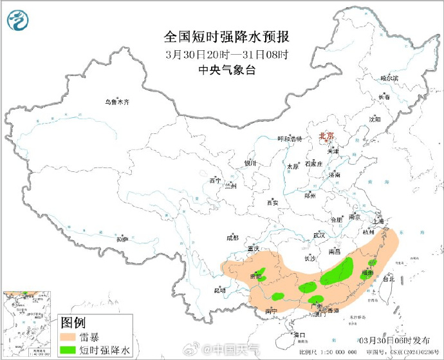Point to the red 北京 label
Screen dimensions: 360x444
(x=327, y=136)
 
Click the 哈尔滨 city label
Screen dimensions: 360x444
(x=389, y=78)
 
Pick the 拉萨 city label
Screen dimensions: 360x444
(x=122, y=239)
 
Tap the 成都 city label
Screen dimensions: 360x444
(x=232, y=237)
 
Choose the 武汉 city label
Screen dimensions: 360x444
(x=319, y=235)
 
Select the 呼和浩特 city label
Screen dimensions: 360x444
(x=289, y=138)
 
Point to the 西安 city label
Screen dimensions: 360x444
(x=272, y=203)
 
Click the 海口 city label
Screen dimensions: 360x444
(x=299, y=334)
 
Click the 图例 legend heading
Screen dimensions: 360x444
(x=73, y=322)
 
